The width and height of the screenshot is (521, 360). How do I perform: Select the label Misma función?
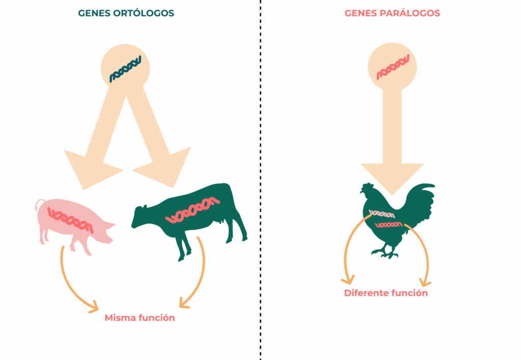pyautogui.click(x=139, y=318)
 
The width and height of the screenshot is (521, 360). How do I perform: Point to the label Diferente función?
pyautogui.click(x=386, y=293)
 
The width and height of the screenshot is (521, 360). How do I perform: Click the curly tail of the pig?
pyautogui.click(x=38, y=204)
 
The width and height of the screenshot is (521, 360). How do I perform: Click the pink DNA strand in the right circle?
pyautogui.click(x=392, y=68)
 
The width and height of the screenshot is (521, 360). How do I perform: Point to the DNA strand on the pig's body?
pyautogui.click(x=70, y=217)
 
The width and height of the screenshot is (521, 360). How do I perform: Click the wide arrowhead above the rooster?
pyautogui.click(x=392, y=176)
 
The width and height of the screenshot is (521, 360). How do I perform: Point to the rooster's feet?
pyautogui.click(x=385, y=252)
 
